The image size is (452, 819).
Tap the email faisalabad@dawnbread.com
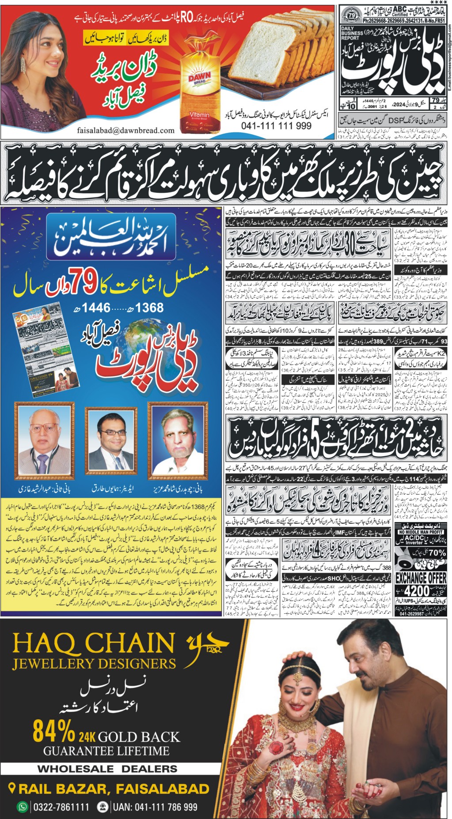[x=125, y=130]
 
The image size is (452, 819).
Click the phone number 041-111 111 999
[x=276, y=126]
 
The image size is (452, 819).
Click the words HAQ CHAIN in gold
[x=94, y=642]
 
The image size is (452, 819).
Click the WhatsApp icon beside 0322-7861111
[x=22, y=807]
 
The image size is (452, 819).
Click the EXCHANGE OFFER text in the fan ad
[x=421, y=578]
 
